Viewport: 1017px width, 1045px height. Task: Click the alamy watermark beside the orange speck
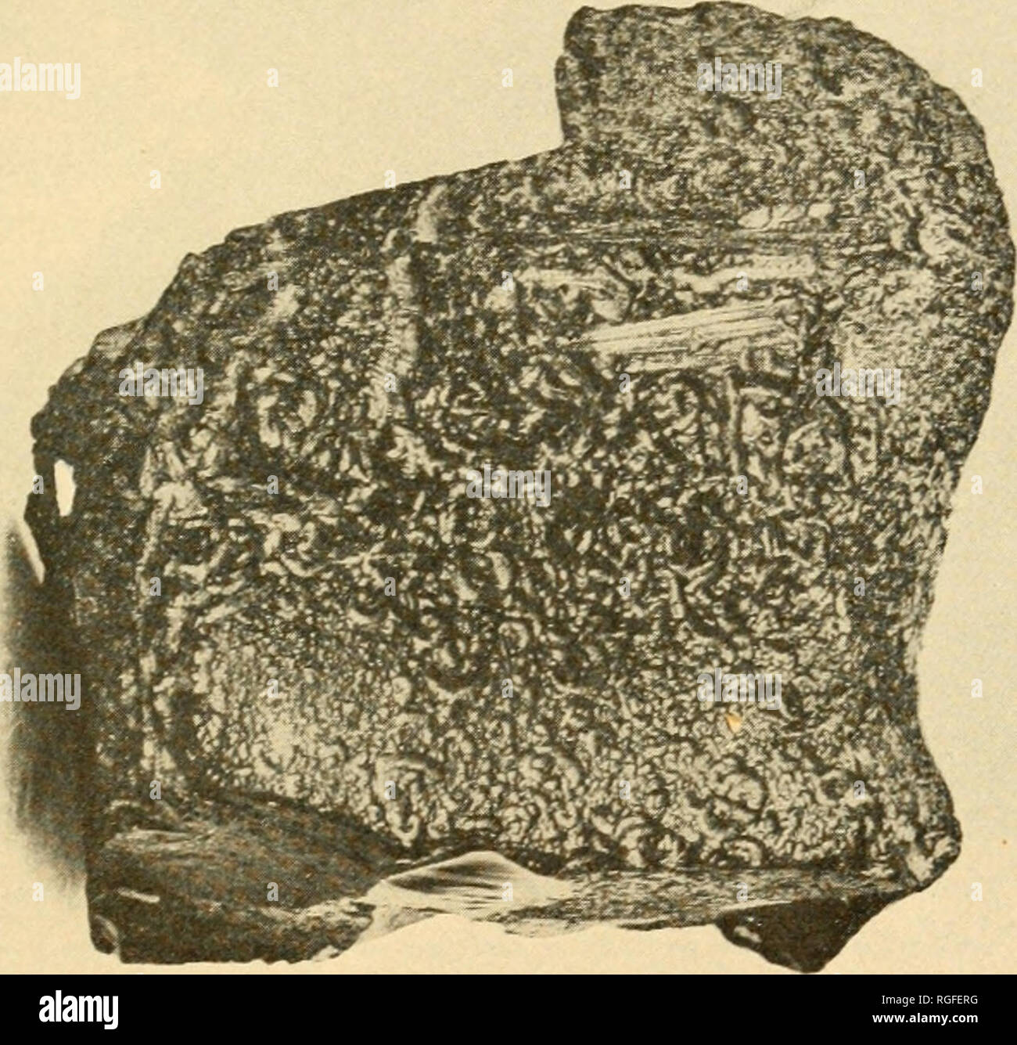[x=739, y=689]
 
